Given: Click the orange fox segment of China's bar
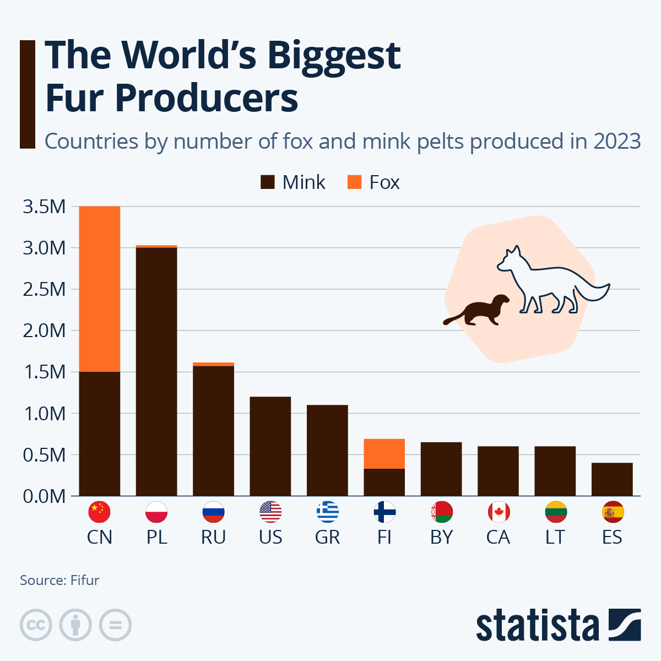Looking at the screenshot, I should (100, 289).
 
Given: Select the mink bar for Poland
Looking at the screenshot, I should (156, 372).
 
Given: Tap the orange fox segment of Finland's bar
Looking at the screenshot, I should (384, 453).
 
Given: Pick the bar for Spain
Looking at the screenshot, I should (612, 479).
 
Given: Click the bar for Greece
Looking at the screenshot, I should (327, 450).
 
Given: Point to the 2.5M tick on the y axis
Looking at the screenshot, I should (45, 289).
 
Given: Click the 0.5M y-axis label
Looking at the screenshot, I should (45, 455).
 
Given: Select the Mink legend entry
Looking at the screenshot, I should (293, 182).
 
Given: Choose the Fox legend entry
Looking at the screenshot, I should (374, 182).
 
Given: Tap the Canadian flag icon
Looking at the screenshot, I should (499, 512).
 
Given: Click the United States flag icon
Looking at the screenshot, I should (270, 512).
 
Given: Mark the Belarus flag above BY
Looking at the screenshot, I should (442, 512).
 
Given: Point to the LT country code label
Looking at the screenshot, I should (555, 537).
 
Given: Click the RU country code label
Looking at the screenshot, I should (213, 537).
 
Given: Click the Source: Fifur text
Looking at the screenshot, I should (59, 580).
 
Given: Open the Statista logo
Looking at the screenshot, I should (558, 625).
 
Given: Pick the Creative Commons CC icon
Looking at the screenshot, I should (36, 625).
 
